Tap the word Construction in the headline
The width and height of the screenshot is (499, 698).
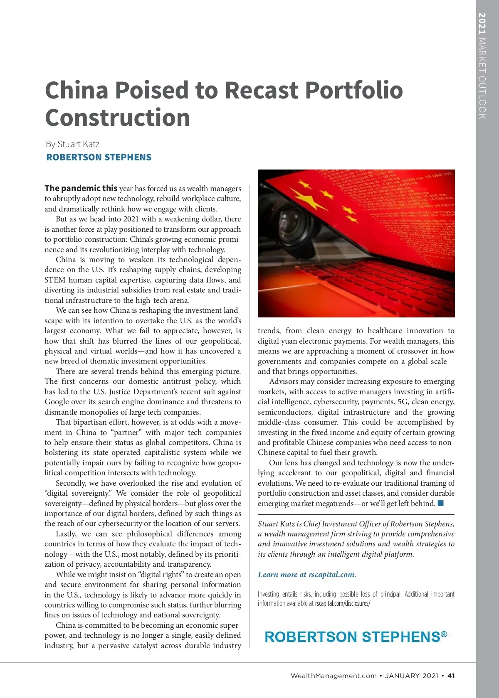click(x=118, y=118)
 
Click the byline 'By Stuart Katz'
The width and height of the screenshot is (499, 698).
click(x=73, y=144)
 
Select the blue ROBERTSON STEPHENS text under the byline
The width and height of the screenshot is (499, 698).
click(x=99, y=157)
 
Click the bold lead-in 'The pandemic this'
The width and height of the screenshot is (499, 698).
click(x=81, y=188)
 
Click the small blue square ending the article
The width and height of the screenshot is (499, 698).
click(x=441, y=504)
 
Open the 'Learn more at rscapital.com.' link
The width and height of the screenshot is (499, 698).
click(x=307, y=575)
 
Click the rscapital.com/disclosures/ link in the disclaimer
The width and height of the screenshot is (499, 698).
click(x=343, y=603)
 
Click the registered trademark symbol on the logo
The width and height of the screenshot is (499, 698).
click(x=444, y=634)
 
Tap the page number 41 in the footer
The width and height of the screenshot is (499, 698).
click(x=451, y=676)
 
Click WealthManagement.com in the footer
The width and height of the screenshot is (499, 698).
click(x=333, y=676)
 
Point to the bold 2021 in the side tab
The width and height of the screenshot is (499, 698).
click(x=482, y=24)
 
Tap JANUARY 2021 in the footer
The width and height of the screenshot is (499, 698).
click(x=412, y=676)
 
